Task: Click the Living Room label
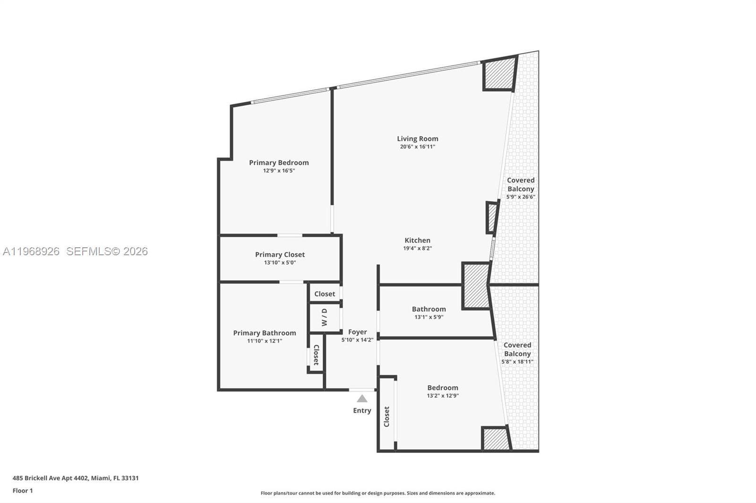[417, 139]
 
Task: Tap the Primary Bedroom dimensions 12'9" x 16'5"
[279, 171]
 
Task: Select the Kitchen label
[417, 240]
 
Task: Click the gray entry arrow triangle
[362, 399]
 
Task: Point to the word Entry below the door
[362, 411]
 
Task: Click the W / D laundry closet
[324, 318]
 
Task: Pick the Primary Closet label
[280, 254]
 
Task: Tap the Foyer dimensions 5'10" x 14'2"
[357, 340]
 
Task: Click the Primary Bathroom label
[265, 333]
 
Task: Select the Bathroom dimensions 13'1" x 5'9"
[429, 317]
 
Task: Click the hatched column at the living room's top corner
[499, 73]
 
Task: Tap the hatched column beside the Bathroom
[476, 285]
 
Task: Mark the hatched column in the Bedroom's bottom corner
[495, 439]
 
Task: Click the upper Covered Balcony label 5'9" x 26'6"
[521, 188]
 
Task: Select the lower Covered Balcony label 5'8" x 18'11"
[517, 353]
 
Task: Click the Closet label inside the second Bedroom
[387, 417]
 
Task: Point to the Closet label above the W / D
[325, 293]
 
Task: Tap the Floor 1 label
[23, 491]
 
